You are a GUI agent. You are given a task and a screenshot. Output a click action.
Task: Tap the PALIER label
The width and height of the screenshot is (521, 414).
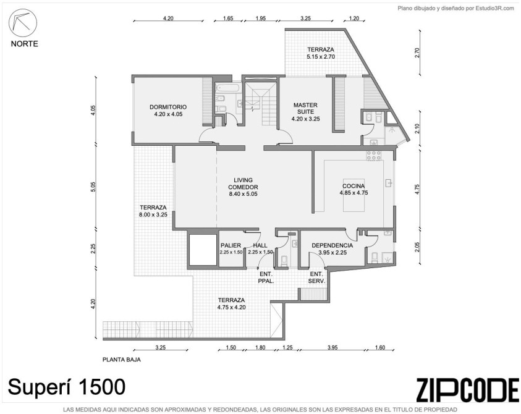point(231,245)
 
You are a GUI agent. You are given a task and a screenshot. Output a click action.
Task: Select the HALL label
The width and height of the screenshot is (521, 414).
point(260,245)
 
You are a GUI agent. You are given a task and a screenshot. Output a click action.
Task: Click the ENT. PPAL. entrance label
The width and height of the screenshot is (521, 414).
point(266,278)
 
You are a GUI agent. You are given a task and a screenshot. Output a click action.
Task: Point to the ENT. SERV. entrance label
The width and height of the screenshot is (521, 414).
point(316,278)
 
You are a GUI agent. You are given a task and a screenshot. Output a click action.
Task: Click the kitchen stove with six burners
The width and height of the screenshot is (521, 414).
point(374,156)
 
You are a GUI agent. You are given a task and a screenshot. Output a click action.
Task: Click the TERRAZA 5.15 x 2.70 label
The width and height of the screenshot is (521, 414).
point(321,53)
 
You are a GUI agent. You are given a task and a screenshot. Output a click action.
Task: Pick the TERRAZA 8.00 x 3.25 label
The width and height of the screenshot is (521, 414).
point(153,211)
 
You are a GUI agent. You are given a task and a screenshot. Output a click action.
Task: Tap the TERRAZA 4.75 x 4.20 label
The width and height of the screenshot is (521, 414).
point(232,303)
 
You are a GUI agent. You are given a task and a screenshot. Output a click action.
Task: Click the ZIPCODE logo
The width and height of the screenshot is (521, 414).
point(467,390)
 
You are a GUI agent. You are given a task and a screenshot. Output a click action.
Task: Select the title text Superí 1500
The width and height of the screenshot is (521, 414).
point(67,387)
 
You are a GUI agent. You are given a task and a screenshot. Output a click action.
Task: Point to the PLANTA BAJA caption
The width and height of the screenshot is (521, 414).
point(121,360)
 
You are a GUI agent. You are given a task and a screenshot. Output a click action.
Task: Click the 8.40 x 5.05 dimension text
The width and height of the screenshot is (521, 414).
point(244,194)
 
